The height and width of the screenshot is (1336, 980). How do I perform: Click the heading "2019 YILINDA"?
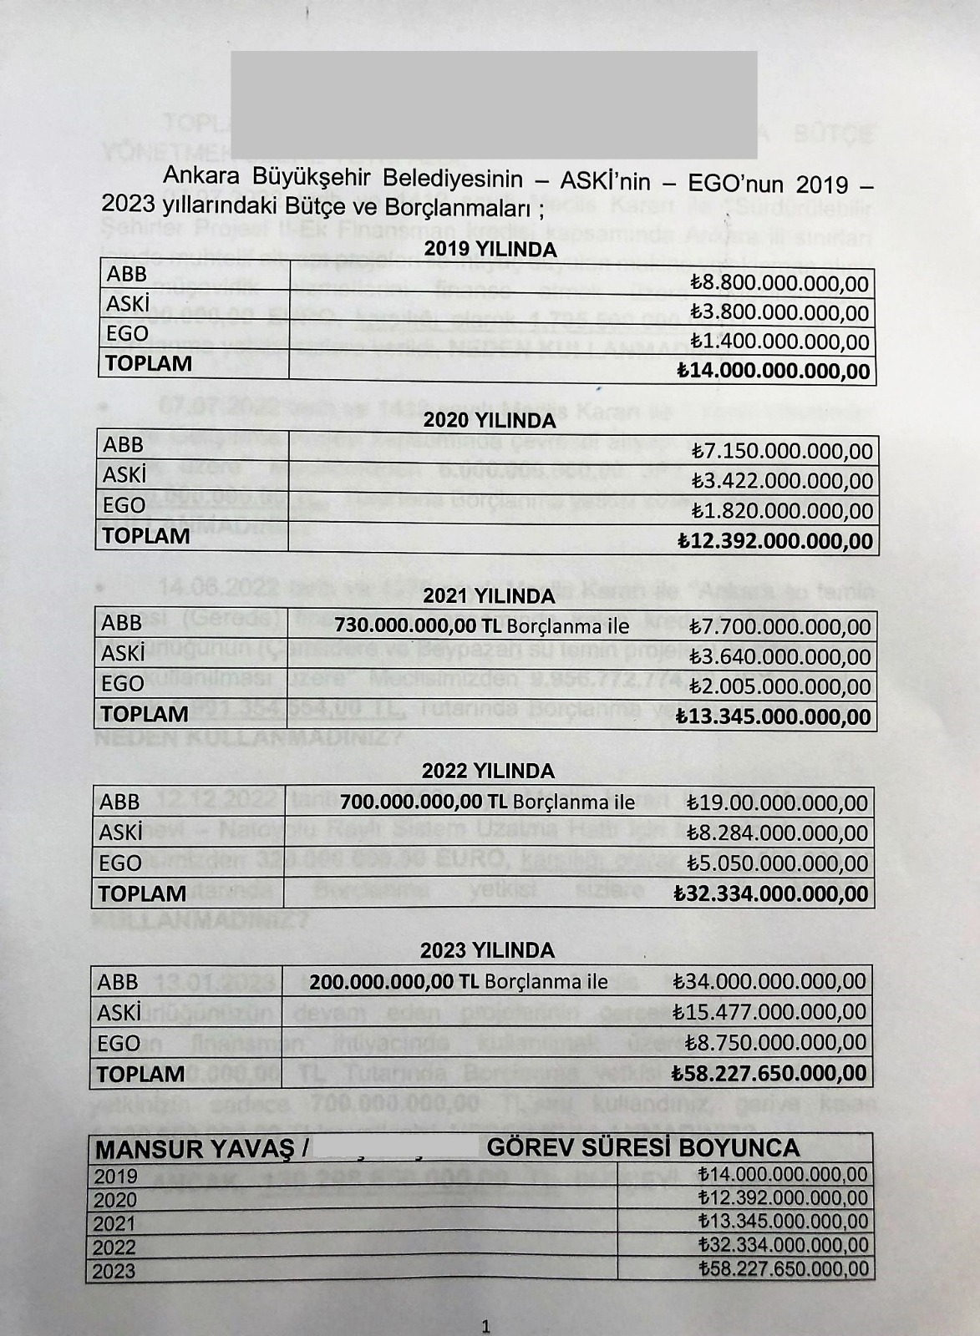(x=490, y=249)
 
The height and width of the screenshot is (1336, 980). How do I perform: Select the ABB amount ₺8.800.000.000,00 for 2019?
(x=779, y=283)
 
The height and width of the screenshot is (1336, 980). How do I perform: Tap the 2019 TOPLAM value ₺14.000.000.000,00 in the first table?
(x=773, y=371)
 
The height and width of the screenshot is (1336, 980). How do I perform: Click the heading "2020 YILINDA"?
(x=490, y=420)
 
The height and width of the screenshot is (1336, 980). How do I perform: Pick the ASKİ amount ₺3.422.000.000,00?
(x=781, y=481)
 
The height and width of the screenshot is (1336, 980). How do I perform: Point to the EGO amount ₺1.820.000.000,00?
(x=781, y=510)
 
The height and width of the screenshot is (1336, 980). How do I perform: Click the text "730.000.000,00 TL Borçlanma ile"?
(x=481, y=626)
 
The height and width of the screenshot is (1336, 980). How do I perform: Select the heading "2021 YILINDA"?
(x=489, y=596)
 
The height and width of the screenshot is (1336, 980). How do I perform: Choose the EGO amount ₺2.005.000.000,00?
(x=779, y=686)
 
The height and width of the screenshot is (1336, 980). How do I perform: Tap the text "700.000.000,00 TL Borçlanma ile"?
(x=487, y=802)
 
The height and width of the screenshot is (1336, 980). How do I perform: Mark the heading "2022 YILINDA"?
(x=488, y=771)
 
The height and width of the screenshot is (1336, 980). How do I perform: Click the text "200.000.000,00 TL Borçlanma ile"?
(x=459, y=981)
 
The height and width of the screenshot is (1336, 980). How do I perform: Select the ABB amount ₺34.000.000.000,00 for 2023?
(x=769, y=981)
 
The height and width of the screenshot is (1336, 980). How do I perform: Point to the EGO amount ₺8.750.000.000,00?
(x=775, y=1042)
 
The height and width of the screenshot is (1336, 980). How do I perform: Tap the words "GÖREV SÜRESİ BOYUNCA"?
(x=643, y=1148)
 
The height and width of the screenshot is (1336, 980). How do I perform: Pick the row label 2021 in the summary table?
(x=114, y=1224)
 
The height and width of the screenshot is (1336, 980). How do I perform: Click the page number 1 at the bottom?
(x=486, y=1326)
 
